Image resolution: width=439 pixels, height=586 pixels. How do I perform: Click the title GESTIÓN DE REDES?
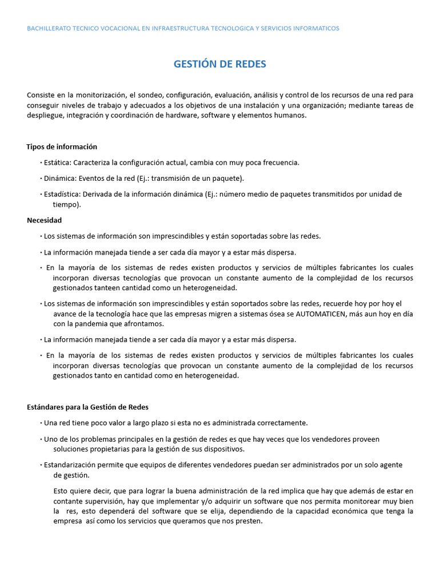[219, 64]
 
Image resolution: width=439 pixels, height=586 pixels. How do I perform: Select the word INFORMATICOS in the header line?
[316, 28]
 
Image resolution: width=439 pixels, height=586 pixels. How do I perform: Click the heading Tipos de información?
[62, 146]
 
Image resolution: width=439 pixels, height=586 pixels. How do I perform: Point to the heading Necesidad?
[44, 220]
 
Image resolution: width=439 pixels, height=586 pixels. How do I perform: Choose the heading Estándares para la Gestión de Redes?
[87, 407]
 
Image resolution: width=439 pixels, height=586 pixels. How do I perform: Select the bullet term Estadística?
[62, 194]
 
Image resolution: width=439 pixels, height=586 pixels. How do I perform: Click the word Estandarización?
[73, 465]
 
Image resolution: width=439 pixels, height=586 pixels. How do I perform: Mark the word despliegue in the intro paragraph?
[45, 115]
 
